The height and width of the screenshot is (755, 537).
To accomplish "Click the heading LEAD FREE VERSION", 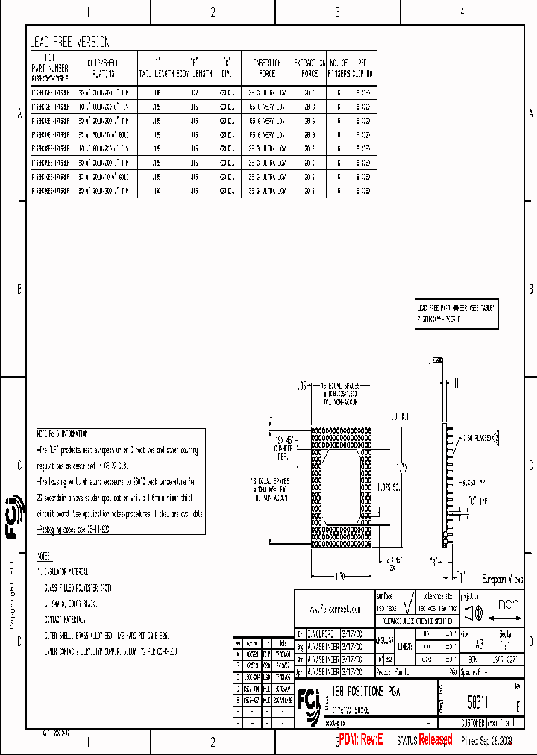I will point(69,43).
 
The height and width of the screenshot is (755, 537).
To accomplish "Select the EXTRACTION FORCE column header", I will point(310,69).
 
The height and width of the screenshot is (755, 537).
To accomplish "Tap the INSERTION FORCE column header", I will point(266,69).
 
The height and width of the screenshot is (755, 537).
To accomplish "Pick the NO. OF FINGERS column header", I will point(339,69).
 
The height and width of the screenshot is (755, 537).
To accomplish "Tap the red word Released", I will point(435,739).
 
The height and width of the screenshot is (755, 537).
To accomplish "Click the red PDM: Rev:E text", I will point(359,739).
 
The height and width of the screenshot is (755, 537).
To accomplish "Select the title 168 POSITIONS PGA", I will point(365,692).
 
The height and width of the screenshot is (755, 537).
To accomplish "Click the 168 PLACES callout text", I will point(477,438).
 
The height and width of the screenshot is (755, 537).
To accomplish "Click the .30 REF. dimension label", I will point(403,416).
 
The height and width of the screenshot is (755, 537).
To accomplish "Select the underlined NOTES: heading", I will point(45,557).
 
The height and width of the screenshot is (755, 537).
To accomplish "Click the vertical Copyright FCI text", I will point(12,593).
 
